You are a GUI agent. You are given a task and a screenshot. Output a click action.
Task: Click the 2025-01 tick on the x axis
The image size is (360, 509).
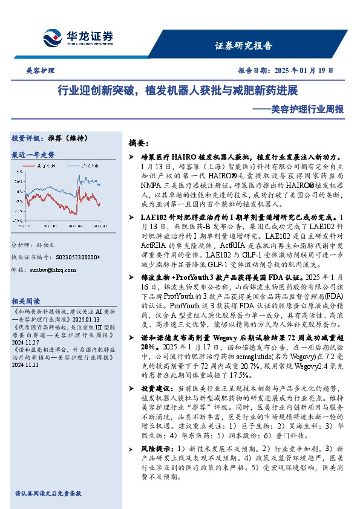[x=99, y=226]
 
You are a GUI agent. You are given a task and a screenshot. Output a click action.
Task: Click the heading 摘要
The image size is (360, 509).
[x=139, y=143]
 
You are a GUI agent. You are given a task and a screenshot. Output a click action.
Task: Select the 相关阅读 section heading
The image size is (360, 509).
[x=27, y=300]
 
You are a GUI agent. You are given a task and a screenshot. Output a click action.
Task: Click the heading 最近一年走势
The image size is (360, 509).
[x=33, y=155]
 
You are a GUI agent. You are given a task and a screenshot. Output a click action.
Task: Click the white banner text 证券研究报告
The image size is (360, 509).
[x=243, y=45]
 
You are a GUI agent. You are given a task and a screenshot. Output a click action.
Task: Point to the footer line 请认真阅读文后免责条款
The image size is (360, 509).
[x=48, y=493]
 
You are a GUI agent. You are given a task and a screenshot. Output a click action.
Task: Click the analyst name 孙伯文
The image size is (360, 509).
[x=47, y=244]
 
